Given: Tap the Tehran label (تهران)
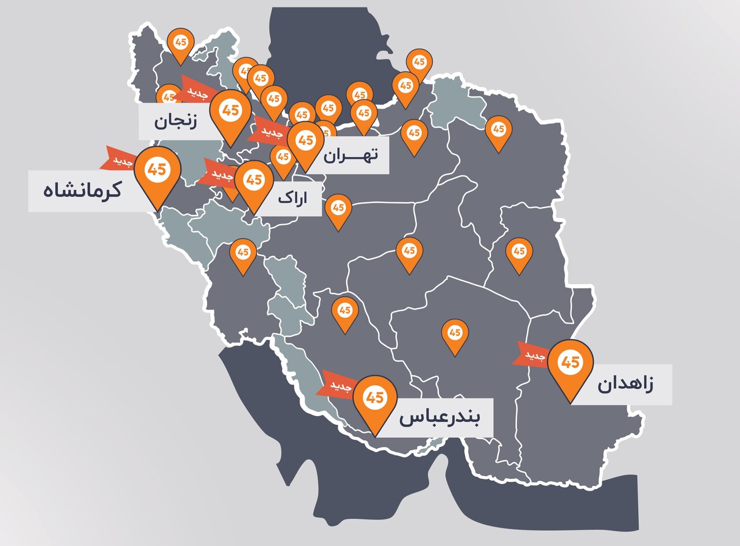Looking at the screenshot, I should coord(350,155).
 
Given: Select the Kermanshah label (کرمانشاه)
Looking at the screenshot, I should coord(82,190).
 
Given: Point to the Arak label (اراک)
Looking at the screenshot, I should coord(293,198).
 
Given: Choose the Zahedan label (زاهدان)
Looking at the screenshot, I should coord(625,385).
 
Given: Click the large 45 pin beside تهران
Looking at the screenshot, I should coord(305,141).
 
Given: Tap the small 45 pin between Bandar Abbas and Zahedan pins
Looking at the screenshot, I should coord(455,335).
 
